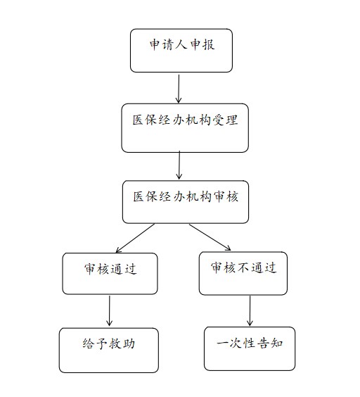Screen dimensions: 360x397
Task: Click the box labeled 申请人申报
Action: [x=181, y=51]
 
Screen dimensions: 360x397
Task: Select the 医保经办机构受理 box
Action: [x=185, y=128]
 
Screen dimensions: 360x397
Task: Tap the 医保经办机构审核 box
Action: [x=186, y=202]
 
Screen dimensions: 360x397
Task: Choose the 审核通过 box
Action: [x=110, y=273]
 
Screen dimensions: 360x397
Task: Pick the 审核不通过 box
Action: [x=243, y=273]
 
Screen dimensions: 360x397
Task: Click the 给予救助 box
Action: [x=109, y=350]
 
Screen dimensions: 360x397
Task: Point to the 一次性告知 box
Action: [x=250, y=348]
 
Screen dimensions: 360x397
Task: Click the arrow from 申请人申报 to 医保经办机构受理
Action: [x=179, y=89]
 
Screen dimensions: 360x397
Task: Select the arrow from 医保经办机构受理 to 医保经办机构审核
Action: [x=179, y=165]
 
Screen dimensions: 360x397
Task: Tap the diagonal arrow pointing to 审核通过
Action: [x=135, y=238]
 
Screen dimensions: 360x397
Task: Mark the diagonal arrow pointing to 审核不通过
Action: [x=210, y=237]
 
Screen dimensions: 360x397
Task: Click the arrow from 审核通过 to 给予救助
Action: [x=109, y=310]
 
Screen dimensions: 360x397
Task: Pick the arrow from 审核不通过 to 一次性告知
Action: [x=250, y=310]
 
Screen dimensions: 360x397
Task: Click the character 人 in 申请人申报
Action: [x=181, y=44]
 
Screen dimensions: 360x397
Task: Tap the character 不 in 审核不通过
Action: [x=243, y=267]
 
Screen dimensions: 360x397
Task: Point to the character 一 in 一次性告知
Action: [x=223, y=344]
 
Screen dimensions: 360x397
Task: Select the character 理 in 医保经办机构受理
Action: [x=232, y=120]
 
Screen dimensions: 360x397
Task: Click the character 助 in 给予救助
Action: [x=129, y=344]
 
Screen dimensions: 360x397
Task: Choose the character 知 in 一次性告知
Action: [x=276, y=343]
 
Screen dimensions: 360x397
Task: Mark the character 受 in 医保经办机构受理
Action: [x=219, y=120]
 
